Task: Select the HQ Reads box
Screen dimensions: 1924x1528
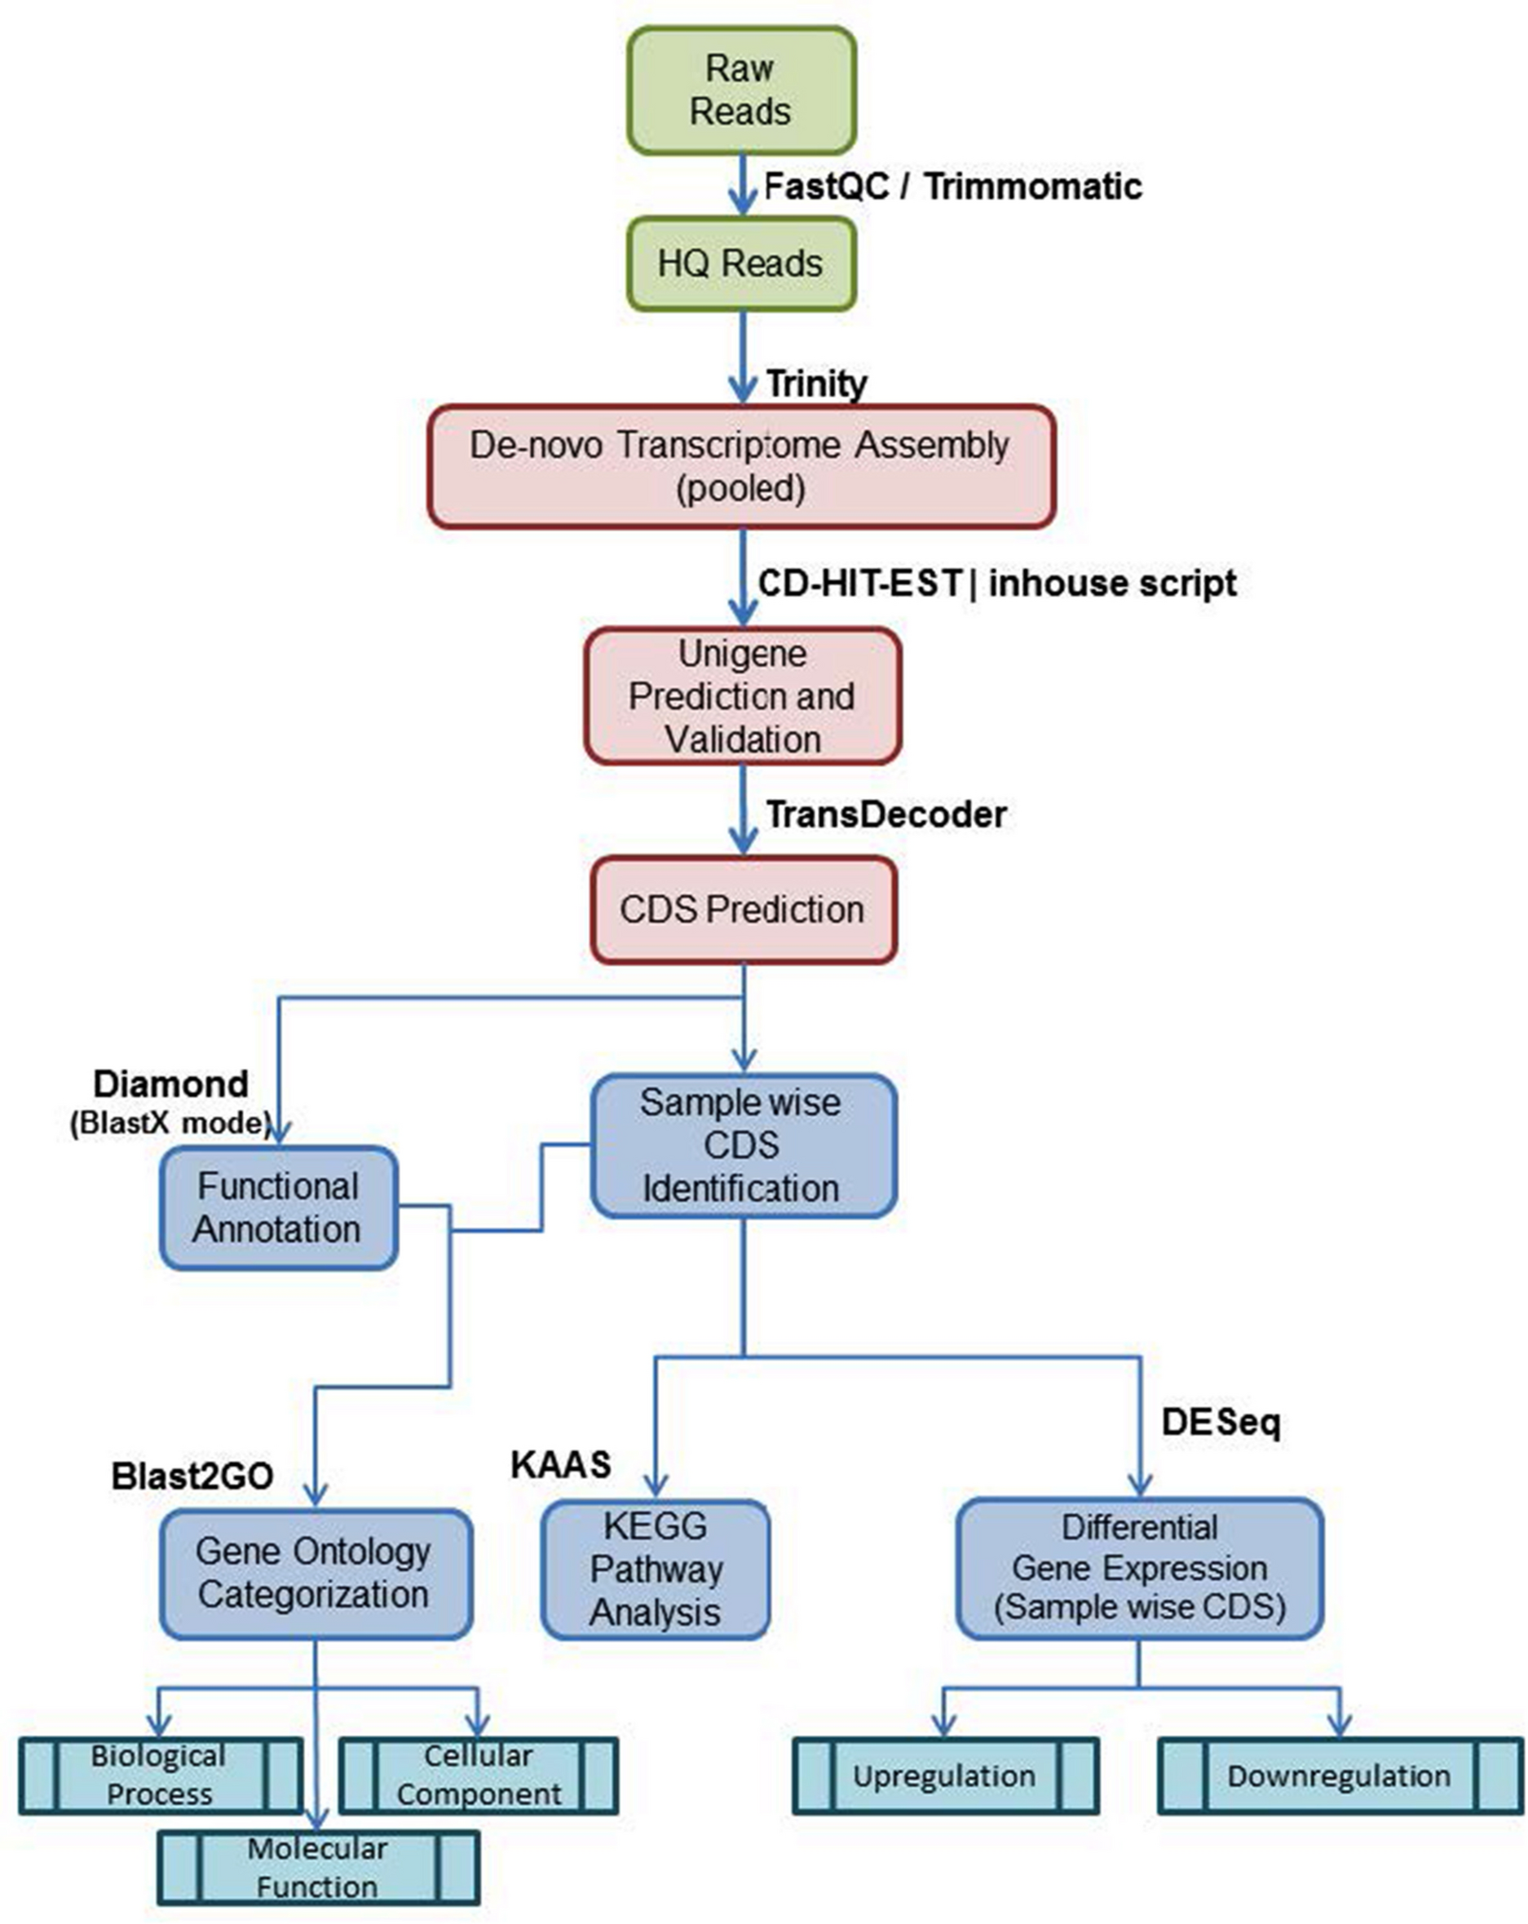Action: point(741,264)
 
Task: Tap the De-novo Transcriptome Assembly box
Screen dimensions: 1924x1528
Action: point(741,466)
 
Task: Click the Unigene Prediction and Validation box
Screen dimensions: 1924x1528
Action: point(742,696)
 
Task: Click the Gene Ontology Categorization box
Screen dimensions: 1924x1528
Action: point(315,1573)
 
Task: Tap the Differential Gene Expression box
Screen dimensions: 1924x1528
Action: point(1140,1568)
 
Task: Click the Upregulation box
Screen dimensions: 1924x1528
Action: point(944,1776)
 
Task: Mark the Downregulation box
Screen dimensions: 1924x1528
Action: point(1339,1776)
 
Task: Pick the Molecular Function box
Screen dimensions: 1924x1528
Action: point(318,1867)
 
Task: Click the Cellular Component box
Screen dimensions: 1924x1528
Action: point(479,1775)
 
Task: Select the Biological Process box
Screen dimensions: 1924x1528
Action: point(159,1775)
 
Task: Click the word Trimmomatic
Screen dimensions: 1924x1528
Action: point(1032,187)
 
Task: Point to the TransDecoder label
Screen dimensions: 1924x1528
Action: point(886,814)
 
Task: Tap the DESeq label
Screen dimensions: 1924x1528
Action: point(1220,1422)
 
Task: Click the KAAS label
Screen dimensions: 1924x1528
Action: point(560,1464)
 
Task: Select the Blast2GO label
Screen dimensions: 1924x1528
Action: point(192,1476)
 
